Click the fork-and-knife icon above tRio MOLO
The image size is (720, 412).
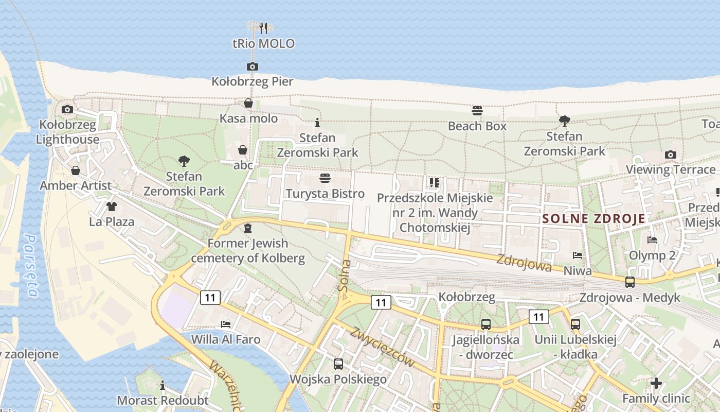(x=263, y=28)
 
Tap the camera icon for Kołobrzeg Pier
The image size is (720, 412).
(x=252, y=66)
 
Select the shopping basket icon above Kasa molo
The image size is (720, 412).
(x=248, y=104)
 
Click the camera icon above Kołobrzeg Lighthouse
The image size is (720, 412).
(x=67, y=109)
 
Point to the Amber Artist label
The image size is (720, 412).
(x=76, y=185)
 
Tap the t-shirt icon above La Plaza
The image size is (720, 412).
(x=111, y=207)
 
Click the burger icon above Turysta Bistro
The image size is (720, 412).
(x=325, y=178)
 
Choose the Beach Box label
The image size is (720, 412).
(x=477, y=126)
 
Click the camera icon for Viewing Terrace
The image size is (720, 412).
(x=670, y=154)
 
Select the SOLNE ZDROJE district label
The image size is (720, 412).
(x=593, y=218)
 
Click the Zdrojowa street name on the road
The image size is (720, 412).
(x=524, y=263)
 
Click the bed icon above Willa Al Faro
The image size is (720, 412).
(x=225, y=324)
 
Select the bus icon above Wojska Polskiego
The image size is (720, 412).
(x=338, y=364)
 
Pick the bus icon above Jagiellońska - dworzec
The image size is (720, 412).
(x=485, y=324)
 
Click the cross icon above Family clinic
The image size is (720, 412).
(x=656, y=383)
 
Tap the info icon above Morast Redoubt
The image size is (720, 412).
(x=163, y=385)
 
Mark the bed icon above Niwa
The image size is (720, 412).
(x=578, y=255)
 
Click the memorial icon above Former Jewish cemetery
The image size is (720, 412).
(x=248, y=228)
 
